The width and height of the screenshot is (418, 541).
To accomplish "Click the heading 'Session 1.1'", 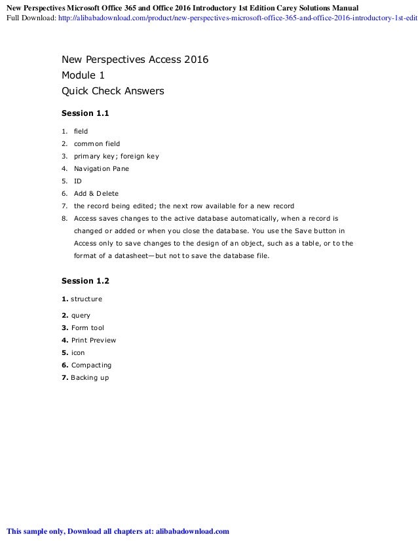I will [x=85, y=113].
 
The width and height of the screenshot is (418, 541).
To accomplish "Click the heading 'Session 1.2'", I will [x=85, y=281].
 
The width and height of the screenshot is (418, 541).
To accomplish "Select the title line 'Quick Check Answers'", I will [x=112, y=91].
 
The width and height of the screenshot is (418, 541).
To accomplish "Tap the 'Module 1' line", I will [x=83, y=75].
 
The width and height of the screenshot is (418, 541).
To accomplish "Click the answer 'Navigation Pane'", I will [x=102, y=169].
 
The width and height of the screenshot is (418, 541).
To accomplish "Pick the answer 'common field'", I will [x=97, y=144].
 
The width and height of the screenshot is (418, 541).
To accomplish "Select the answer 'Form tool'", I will [x=87, y=328].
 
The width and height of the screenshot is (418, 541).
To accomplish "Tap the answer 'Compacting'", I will [x=91, y=365].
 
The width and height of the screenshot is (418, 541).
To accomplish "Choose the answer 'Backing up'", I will [x=90, y=378].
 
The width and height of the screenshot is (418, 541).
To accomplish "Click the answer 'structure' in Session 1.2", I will [x=86, y=299].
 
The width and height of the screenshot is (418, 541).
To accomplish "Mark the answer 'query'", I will [x=81, y=316].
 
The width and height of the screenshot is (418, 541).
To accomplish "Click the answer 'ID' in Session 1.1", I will [x=77, y=181].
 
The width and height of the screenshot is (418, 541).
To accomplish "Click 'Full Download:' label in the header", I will [x=30, y=18].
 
